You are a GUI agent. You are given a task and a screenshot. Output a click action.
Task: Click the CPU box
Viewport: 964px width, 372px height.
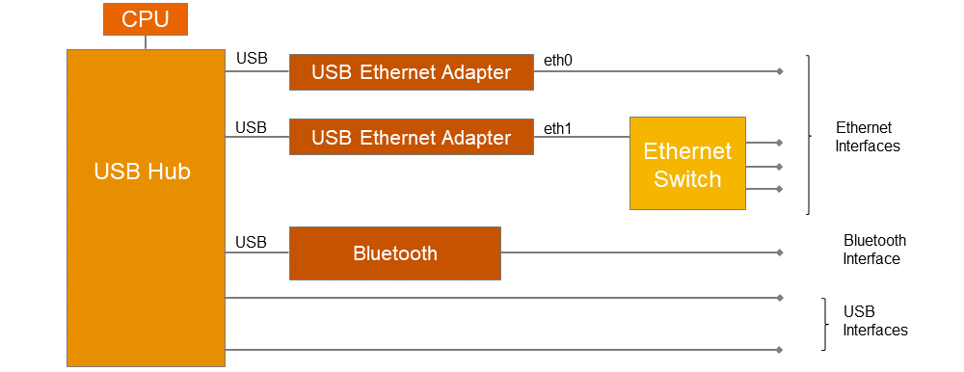146,19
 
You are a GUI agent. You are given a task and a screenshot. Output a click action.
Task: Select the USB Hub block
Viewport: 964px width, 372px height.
145,207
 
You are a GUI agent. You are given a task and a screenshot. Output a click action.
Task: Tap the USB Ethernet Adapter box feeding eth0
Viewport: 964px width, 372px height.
412,72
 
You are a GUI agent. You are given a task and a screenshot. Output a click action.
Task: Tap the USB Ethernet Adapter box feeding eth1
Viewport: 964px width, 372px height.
412,137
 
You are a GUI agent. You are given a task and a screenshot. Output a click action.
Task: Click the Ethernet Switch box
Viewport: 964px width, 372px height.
687,163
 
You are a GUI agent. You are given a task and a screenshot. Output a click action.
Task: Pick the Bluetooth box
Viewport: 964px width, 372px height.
395,253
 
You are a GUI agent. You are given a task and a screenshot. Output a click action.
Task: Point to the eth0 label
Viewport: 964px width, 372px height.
558,61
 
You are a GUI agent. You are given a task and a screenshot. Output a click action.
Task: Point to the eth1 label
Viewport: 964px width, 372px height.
558,127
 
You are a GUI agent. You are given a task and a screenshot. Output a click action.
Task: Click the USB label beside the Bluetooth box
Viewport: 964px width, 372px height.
251,242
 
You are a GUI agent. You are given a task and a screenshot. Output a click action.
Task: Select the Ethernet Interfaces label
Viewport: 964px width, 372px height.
868,137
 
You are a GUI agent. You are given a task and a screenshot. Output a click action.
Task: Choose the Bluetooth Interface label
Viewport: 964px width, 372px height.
874,250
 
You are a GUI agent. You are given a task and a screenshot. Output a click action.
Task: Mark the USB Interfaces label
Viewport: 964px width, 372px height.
874,321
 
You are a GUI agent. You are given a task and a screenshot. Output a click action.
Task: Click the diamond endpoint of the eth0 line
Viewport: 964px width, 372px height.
780,71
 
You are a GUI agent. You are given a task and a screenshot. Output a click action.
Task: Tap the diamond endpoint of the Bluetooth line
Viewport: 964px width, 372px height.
780,253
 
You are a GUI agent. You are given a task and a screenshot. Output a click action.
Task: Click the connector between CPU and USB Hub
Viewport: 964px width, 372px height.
146,42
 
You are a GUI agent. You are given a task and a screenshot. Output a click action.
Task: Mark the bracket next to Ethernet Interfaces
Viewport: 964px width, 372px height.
808,135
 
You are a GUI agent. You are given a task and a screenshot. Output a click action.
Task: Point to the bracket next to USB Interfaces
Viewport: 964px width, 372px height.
824,324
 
